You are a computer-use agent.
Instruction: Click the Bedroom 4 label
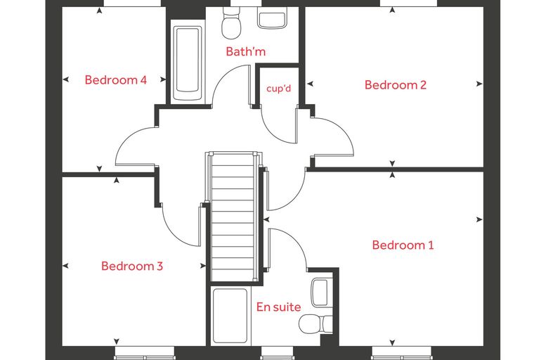pyautogui.click(x=116, y=79)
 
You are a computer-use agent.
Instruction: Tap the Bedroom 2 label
pyautogui.click(x=396, y=84)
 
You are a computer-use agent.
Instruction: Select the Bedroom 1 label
pyautogui.click(x=403, y=245)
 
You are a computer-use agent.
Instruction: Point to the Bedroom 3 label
pyautogui.click(x=132, y=266)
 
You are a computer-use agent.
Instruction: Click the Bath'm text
pyautogui.click(x=245, y=51)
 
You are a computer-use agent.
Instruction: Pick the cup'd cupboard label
pyautogui.click(x=278, y=89)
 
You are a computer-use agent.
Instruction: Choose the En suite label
pyautogui.click(x=278, y=307)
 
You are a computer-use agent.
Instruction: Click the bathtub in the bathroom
pyautogui.click(x=188, y=60)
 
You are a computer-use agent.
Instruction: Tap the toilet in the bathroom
pyautogui.click(x=231, y=22)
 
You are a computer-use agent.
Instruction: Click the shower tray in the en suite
pyautogui.click(x=230, y=316)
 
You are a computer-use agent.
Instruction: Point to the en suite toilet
pyautogui.click(x=315, y=324)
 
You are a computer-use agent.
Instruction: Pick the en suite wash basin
pyautogui.click(x=321, y=292)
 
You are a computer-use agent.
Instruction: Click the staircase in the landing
pyautogui.click(x=233, y=217)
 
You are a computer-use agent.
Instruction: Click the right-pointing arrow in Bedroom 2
pyautogui.click(x=479, y=84)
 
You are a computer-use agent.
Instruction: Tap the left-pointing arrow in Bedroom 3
pyautogui.click(x=66, y=266)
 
